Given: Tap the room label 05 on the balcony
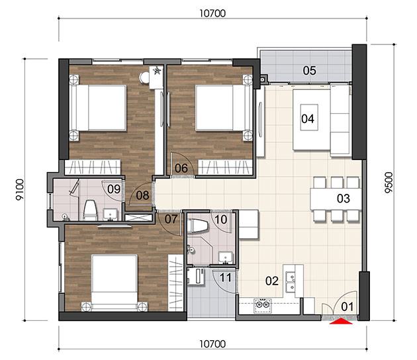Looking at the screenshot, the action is coord(310,70).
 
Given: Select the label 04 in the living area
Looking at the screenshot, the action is coord(308,118).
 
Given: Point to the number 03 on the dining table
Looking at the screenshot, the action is coord(344,199).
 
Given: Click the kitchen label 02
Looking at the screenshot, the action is coord(272,281).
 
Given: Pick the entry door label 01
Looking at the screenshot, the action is coord(347,306).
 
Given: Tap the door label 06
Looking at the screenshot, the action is coord(181,168).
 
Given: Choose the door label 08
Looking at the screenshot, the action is coord(142,195).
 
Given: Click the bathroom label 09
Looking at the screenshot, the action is coord(114,189).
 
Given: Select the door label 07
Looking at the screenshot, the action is coord(171,219).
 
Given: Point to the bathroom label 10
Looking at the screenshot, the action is coord(220,219).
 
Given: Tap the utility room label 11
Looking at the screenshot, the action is coord(226,278).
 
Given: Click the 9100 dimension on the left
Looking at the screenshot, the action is coord(19,189).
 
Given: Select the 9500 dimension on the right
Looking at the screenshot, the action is coord(389,183).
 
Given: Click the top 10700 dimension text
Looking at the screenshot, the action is coord(212,13).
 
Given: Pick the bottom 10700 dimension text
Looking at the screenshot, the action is coord(212,344).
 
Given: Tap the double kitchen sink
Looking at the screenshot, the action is coord(290,281).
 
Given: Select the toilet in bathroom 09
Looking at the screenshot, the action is coord(90,210).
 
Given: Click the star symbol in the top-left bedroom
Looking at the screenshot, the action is coord(157,70).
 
